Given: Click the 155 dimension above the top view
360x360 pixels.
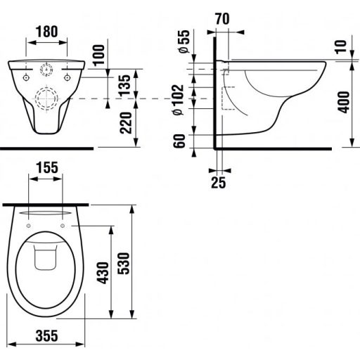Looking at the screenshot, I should click(x=48, y=169).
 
